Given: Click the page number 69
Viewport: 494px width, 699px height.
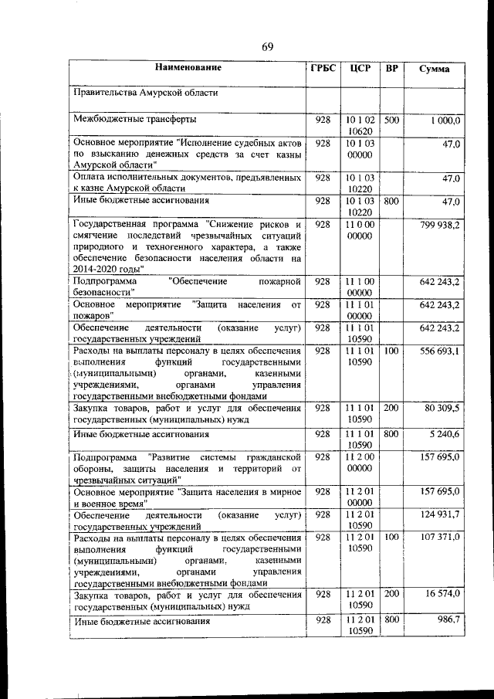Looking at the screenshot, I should (x=268, y=47).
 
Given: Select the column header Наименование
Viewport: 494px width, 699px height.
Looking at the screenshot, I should (x=188, y=68).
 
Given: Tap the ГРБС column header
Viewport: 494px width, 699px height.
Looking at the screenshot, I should (x=323, y=68).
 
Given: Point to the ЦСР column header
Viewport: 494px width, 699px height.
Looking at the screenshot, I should (x=360, y=68).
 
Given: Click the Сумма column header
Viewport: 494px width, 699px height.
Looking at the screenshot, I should (x=434, y=69).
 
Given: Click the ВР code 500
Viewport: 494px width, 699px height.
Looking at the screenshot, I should (x=391, y=121).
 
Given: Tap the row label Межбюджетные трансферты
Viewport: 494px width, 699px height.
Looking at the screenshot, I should (x=134, y=120).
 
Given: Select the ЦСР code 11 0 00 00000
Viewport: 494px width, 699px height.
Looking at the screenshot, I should (x=360, y=231).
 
